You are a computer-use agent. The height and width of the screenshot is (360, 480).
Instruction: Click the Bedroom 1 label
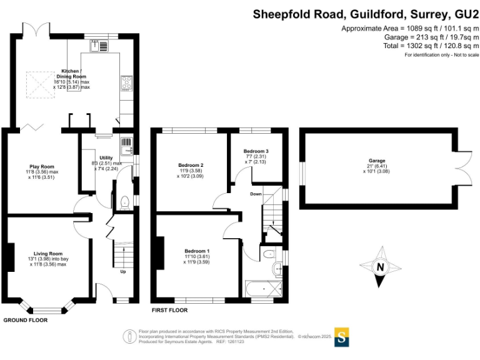(x=196, y=251)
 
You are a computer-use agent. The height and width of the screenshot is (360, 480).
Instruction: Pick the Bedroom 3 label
(x=256, y=151)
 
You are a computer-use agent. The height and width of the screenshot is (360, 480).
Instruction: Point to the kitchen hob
(x=124, y=83)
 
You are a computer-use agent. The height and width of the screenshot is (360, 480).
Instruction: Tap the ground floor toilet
(x=124, y=201)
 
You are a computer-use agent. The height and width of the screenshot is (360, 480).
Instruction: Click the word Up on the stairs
(x=123, y=271)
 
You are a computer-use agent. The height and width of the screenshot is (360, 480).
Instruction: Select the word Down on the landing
(x=256, y=194)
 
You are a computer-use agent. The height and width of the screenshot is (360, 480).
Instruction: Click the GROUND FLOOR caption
(x=25, y=320)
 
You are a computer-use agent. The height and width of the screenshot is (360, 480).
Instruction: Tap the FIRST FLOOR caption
(x=169, y=310)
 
